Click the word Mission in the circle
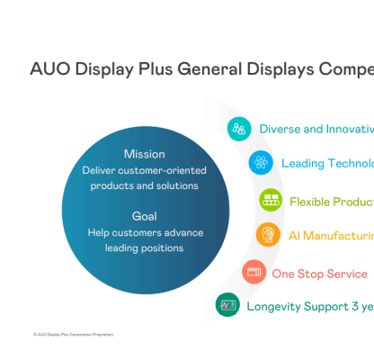(145, 154)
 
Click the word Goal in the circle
(145, 216)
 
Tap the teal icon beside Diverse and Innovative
(239, 129)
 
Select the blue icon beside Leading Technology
(261, 163)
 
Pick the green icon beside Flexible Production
(269, 200)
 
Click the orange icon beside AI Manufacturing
(267, 236)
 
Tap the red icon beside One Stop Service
(254, 272)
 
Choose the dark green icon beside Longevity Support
(227, 305)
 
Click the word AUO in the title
(48, 67)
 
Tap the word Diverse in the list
(280, 129)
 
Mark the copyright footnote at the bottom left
(73, 334)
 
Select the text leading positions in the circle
(145, 248)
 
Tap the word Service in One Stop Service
(350, 273)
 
